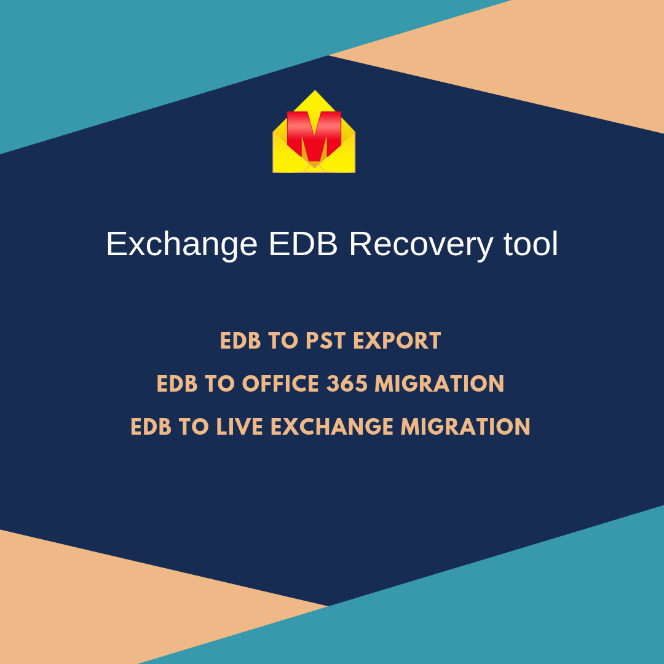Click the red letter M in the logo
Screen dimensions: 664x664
click(314, 135)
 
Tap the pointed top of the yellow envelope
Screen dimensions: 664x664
click(315, 90)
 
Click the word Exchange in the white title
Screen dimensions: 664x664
click(181, 244)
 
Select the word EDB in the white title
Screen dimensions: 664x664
click(303, 244)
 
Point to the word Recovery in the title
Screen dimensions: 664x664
click(421, 244)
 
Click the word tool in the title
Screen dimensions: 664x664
click(531, 243)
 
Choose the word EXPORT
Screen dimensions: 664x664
click(397, 341)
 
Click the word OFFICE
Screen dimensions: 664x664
click(280, 384)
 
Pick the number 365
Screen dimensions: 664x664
click(347, 384)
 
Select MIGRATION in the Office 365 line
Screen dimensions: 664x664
click(440, 384)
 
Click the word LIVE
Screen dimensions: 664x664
click(240, 427)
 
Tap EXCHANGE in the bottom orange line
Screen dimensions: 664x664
click(333, 427)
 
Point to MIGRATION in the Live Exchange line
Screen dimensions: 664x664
click(466, 427)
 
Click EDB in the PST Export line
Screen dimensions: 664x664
click(240, 341)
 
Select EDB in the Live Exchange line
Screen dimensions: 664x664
click(151, 427)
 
